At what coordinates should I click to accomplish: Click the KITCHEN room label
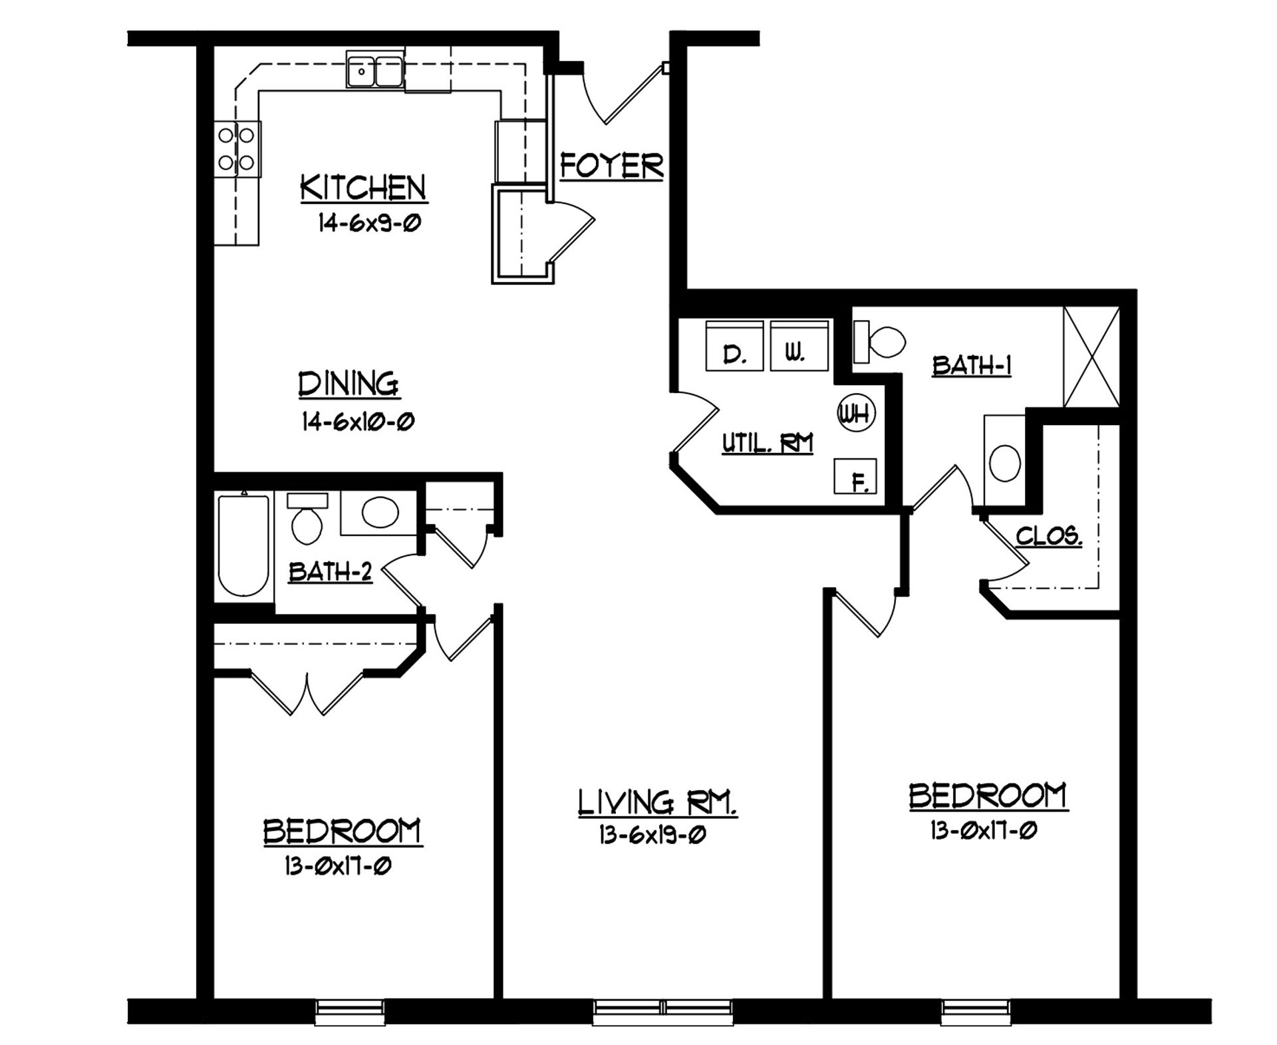363,188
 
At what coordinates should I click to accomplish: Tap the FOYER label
611,166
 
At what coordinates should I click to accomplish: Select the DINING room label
349,385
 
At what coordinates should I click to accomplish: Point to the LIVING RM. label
657,802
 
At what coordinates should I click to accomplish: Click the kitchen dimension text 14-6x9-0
370,223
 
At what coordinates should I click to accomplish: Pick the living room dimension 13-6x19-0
652,835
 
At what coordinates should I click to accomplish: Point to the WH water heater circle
855,414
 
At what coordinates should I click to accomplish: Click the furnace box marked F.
855,476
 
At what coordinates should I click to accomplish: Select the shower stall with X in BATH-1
1091,357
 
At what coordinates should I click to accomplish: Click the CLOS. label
1048,536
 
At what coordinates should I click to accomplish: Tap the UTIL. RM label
768,443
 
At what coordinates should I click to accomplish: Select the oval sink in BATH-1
1004,462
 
